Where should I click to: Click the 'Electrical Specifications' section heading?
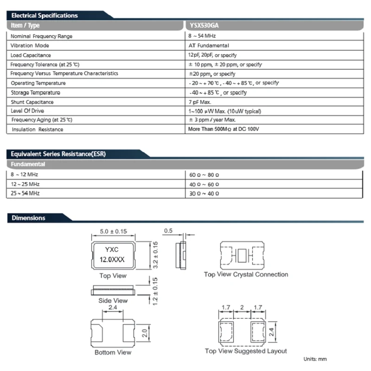tap(45, 15)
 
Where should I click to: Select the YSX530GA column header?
tap(204, 26)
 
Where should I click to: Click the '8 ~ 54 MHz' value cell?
tap(202, 36)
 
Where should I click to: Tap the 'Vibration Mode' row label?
tap(30, 45)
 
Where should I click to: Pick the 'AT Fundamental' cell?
tap(209, 45)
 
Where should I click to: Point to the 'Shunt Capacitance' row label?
tap(32, 102)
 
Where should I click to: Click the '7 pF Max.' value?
tap(200, 102)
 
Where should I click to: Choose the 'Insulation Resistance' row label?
tap(37, 129)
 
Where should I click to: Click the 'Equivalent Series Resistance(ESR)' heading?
tap(58, 154)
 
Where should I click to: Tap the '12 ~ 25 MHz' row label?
tap(25, 184)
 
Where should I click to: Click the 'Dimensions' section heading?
tap(28, 217)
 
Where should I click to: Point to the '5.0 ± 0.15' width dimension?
tap(114, 232)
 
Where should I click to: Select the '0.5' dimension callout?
tap(168, 231)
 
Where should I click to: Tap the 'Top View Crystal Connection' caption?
tap(246, 275)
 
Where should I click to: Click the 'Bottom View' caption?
tap(113, 352)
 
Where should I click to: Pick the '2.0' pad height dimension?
tap(144, 333)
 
